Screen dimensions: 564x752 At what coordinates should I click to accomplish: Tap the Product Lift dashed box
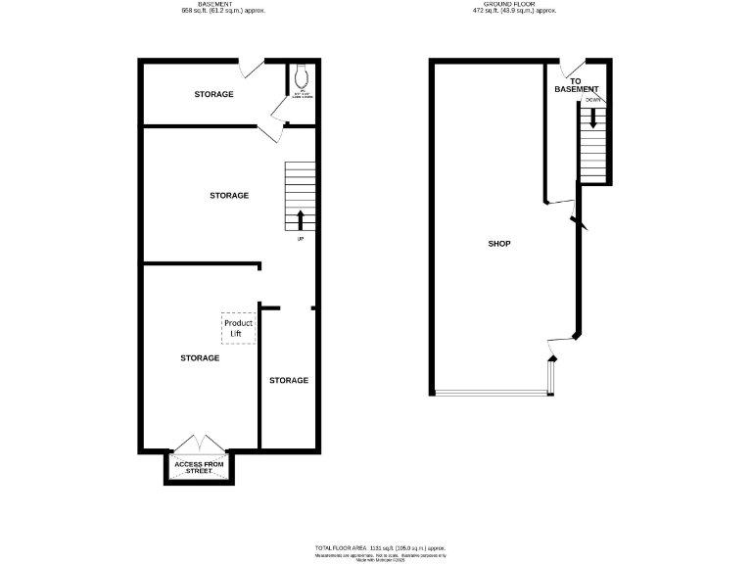(x=238, y=328)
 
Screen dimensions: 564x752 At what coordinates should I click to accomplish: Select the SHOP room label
(x=499, y=244)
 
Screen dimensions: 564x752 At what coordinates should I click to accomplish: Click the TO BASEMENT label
(x=575, y=85)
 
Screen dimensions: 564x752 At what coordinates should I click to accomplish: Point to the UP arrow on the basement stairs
(x=300, y=218)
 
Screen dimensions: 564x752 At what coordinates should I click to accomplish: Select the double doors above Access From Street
(x=200, y=443)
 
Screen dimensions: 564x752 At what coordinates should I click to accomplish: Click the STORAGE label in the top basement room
(x=213, y=95)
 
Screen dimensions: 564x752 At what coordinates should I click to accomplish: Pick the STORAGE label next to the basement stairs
(x=229, y=196)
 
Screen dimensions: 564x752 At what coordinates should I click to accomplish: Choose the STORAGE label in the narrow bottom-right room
(x=289, y=380)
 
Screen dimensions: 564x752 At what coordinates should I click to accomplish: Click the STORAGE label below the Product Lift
(x=200, y=358)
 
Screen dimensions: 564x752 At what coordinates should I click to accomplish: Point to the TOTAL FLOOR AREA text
(x=380, y=547)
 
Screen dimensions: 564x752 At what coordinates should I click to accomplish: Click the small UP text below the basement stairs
(x=300, y=238)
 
